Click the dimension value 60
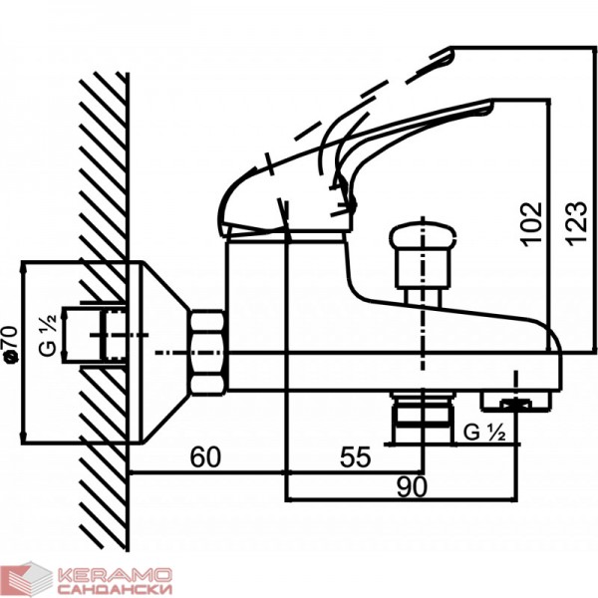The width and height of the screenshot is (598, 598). click(205, 456)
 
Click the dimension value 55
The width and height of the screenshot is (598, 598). click(356, 456)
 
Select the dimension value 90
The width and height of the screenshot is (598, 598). click(412, 487)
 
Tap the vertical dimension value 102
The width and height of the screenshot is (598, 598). click(531, 224)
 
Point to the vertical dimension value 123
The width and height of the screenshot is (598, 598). click(575, 223)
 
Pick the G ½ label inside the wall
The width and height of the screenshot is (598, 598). click(49, 336)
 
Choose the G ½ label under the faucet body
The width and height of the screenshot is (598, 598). click(484, 433)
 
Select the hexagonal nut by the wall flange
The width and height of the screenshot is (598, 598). click(206, 353)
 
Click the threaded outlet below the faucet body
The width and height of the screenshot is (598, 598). click(423, 419)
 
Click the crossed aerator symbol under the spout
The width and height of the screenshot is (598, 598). click(516, 405)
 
